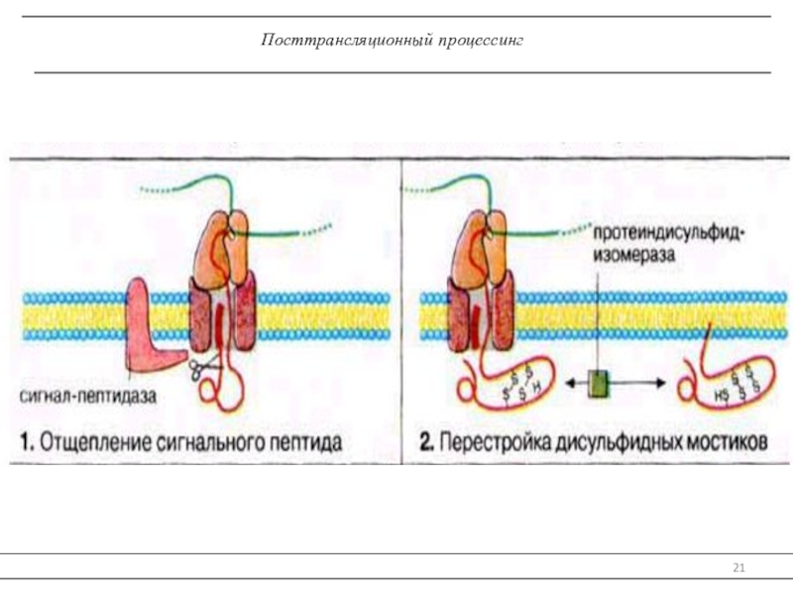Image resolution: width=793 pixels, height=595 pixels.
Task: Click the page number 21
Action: (738, 567)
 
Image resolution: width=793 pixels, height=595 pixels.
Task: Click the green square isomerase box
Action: (598, 383)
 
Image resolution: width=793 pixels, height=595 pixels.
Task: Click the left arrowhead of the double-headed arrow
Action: (566, 383)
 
